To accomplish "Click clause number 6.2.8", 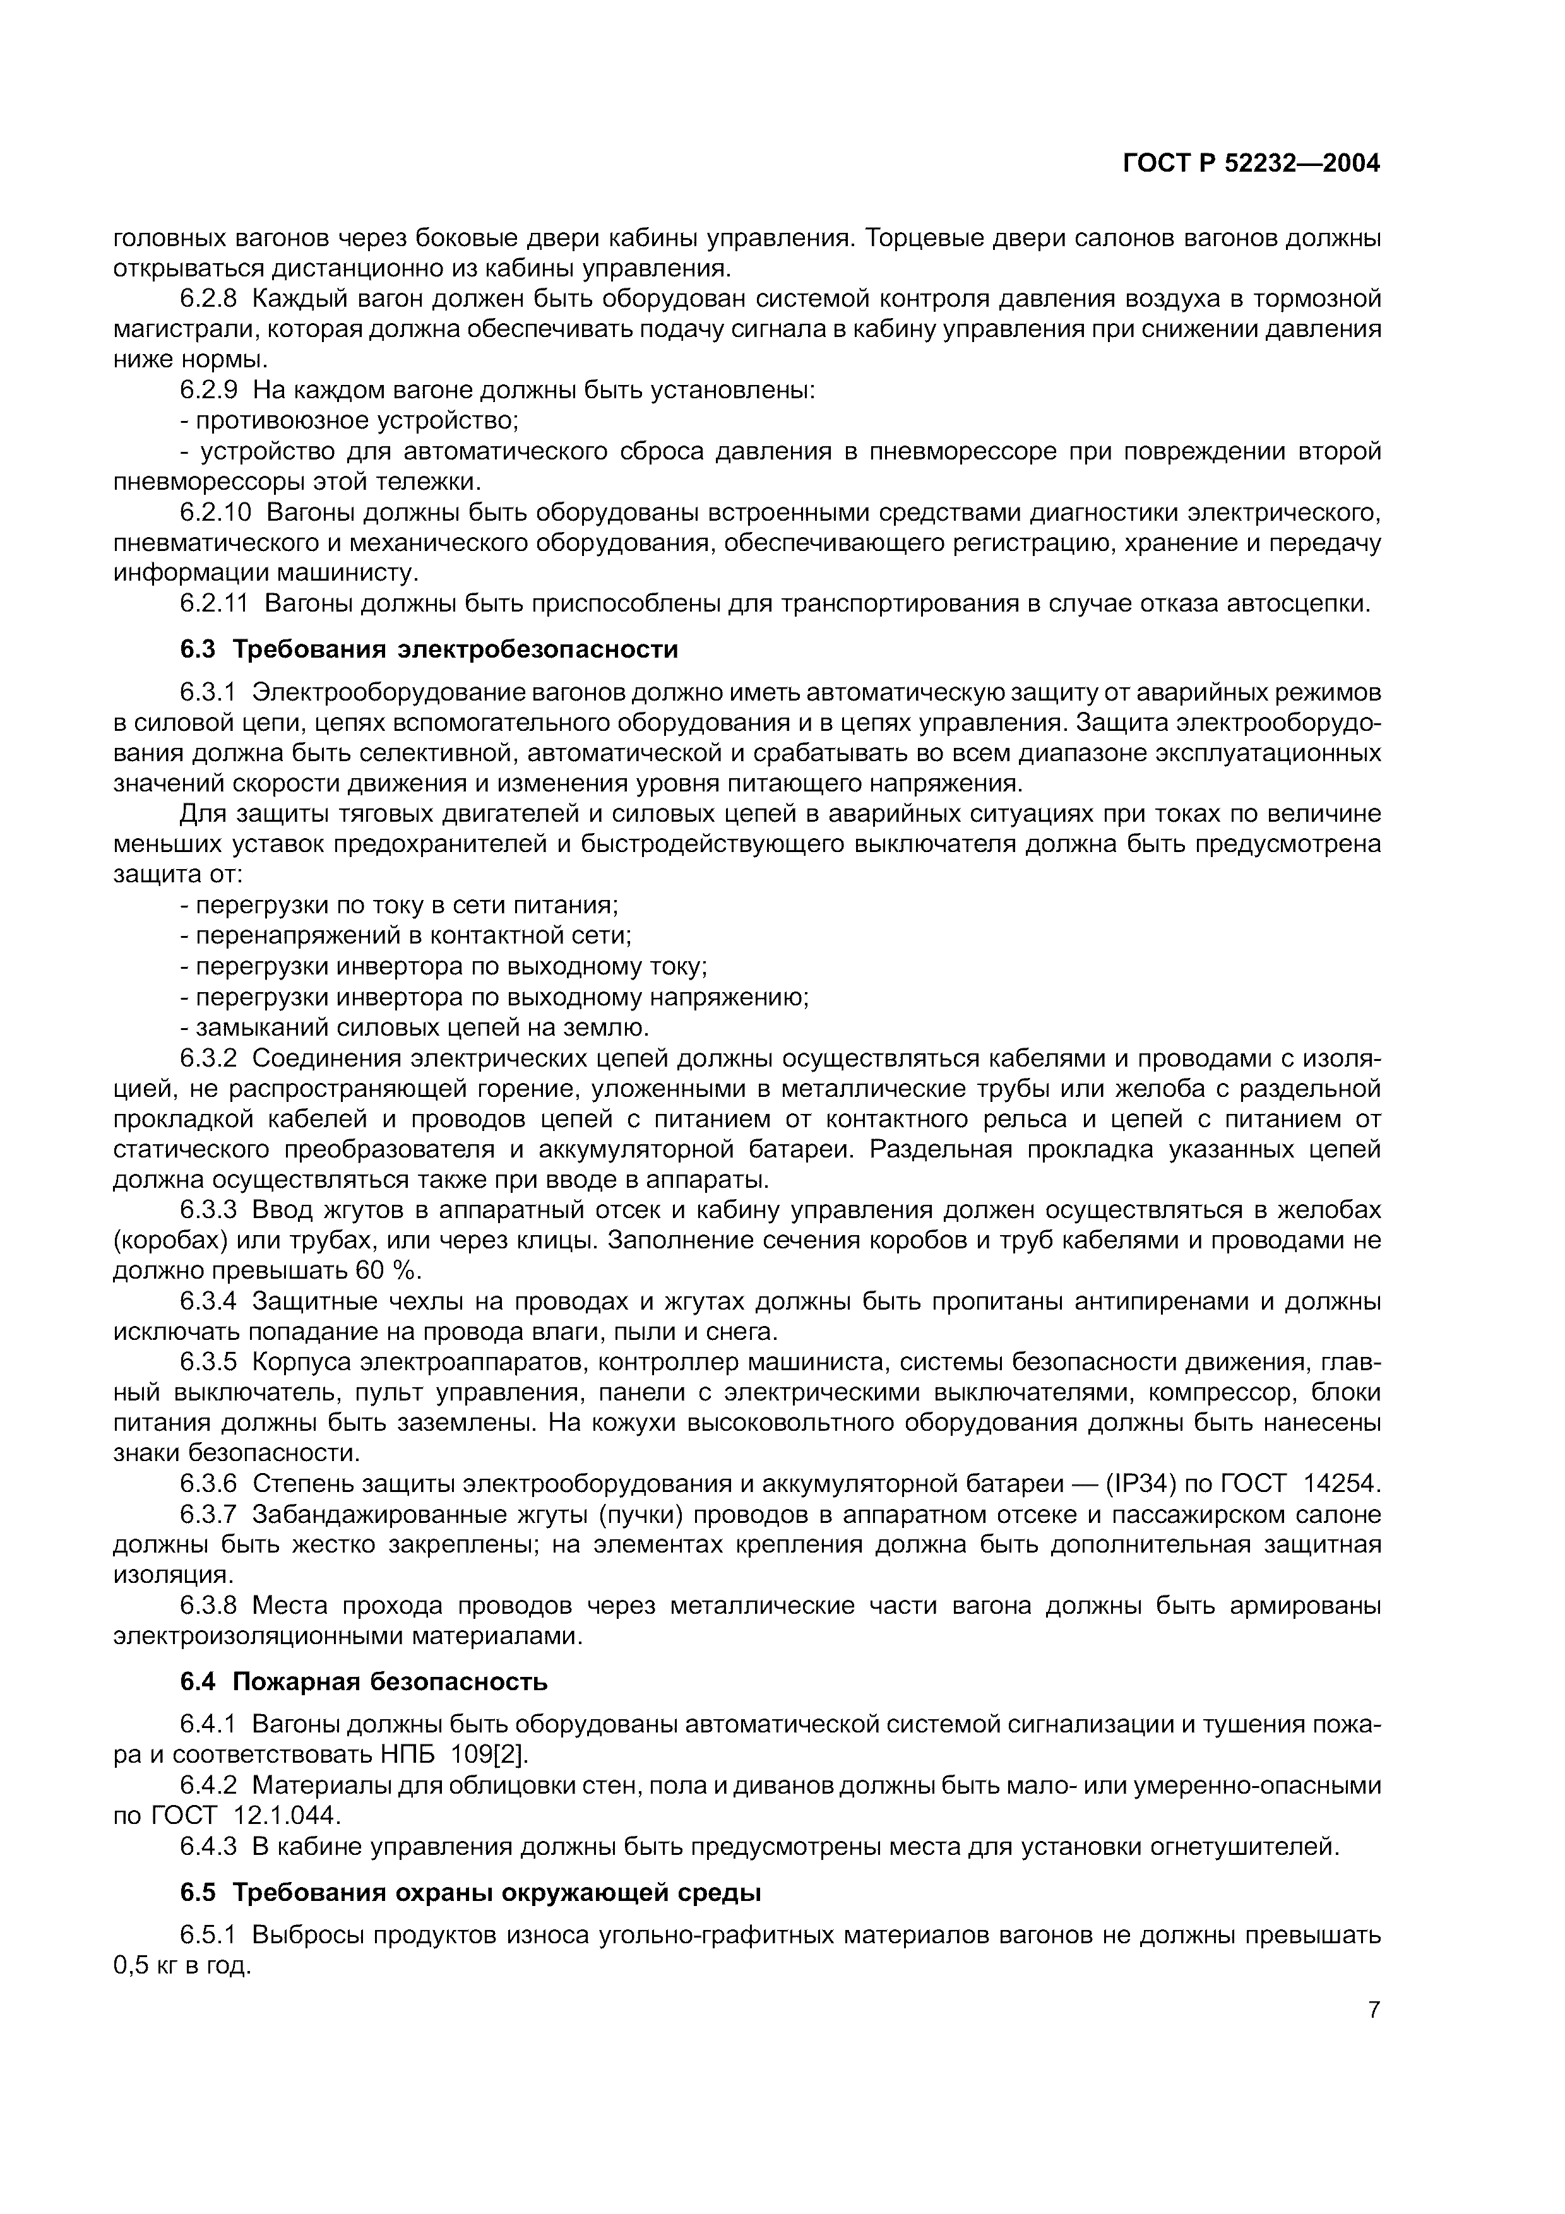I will [x=208, y=299].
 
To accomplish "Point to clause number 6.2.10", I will [x=215, y=512].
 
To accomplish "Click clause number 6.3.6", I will [x=208, y=1483].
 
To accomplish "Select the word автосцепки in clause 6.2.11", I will [x=1297, y=605].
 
